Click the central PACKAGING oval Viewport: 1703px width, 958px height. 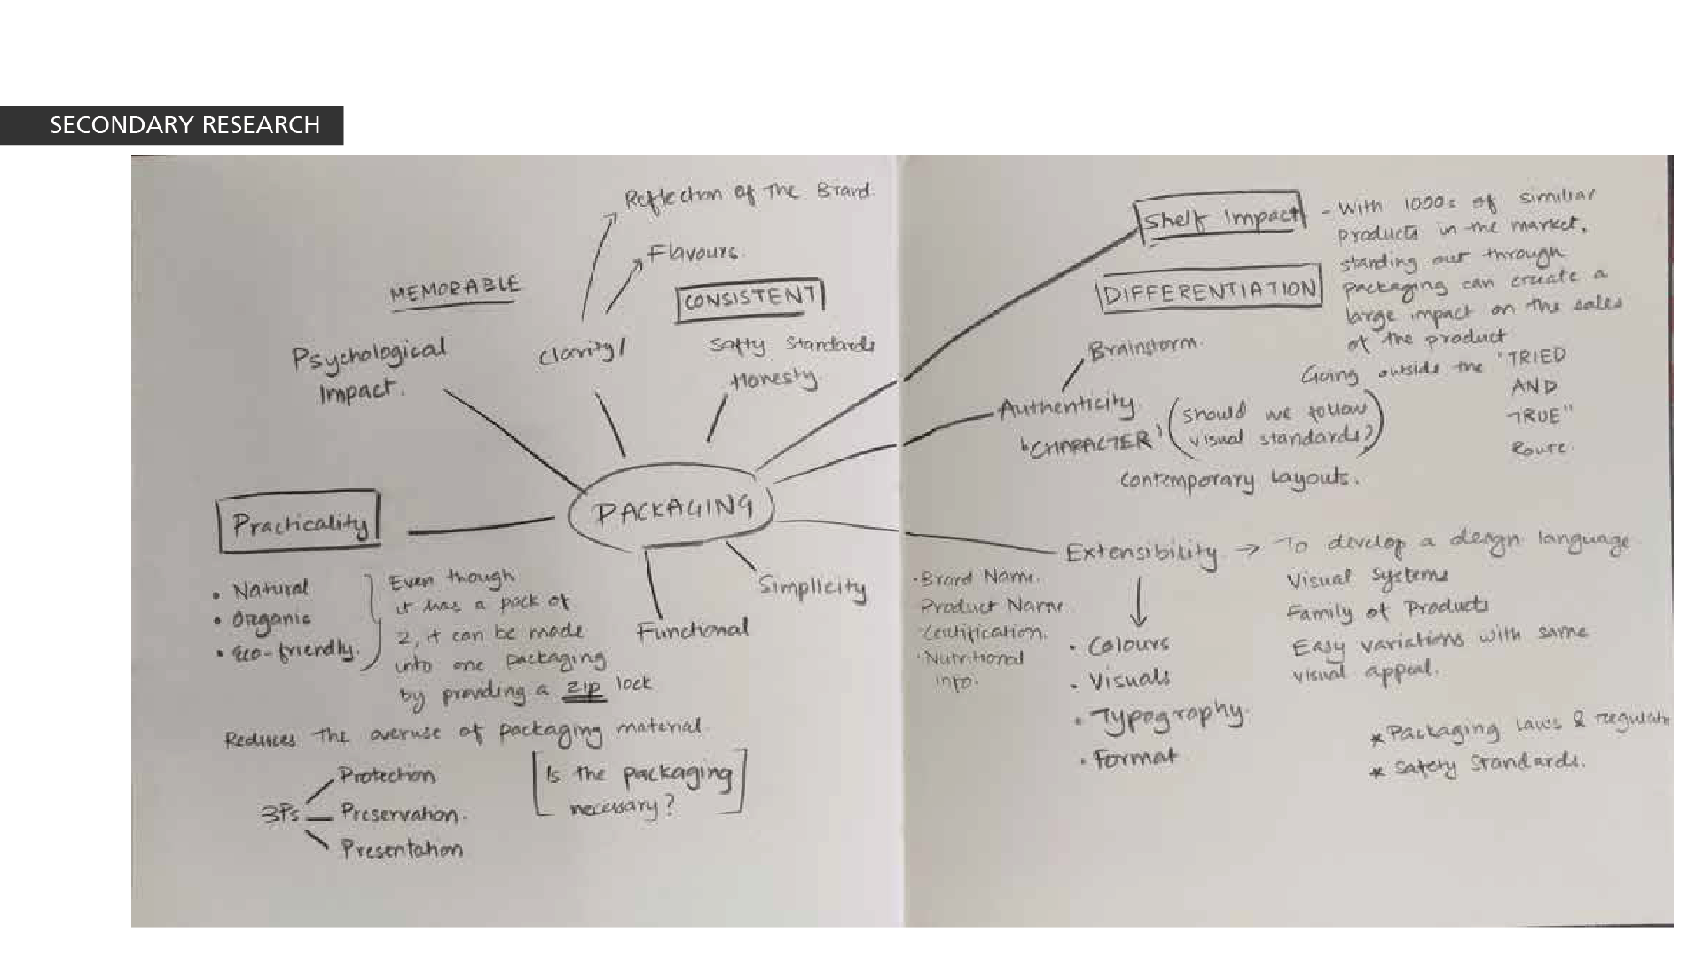pyautogui.click(x=671, y=510)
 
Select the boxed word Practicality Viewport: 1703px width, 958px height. pyautogui.click(x=299, y=523)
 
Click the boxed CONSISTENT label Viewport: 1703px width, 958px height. pyautogui.click(x=750, y=299)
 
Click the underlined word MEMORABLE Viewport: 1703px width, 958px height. pyautogui.click(x=454, y=289)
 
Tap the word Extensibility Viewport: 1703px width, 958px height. pyautogui.click(x=1141, y=553)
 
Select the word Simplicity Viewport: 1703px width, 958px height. pyautogui.click(x=812, y=587)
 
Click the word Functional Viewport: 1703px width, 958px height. pyautogui.click(x=693, y=631)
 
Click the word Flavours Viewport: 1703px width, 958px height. pyautogui.click(x=693, y=253)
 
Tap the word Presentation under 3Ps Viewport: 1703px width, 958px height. pyautogui.click(x=402, y=849)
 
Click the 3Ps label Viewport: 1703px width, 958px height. pyautogui.click(x=281, y=814)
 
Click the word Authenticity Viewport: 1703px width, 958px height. pyautogui.click(x=1066, y=408)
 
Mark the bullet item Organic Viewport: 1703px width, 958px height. pyautogui.click(x=271, y=619)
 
